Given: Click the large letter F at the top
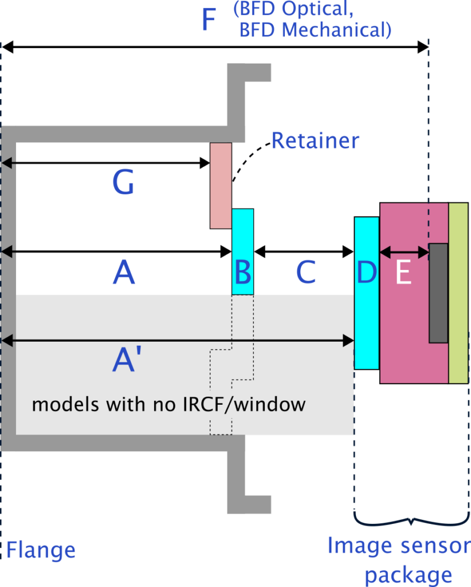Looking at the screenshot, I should (x=209, y=21).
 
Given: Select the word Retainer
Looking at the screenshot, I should (x=315, y=140).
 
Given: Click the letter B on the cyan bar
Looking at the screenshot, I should (x=243, y=273).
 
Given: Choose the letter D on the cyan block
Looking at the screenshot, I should (x=367, y=273).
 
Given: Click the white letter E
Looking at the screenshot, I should (x=403, y=274).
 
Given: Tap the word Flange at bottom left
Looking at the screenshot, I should (x=41, y=551).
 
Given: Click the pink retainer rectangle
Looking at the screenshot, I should (x=221, y=185).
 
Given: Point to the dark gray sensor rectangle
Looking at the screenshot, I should (x=438, y=293).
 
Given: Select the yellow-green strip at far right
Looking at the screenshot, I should (x=458, y=293).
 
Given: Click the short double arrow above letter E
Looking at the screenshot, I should (x=404, y=251).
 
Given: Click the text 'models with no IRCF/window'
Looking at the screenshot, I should (x=168, y=405).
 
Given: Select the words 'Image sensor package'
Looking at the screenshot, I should (x=398, y=559).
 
